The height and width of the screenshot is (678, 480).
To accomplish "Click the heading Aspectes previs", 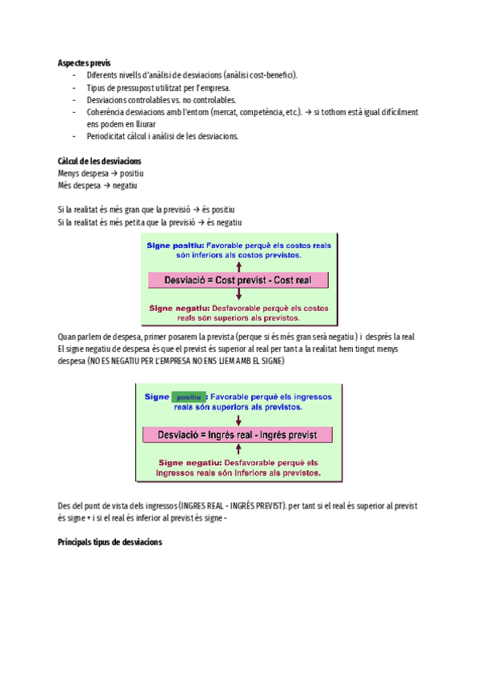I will coord(85,62).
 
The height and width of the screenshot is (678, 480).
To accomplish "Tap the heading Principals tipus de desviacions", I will coord(110,542).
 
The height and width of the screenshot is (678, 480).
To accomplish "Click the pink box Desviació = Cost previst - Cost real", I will coord(238,281).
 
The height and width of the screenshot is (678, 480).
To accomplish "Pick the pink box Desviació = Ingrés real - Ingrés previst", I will coord(238,435).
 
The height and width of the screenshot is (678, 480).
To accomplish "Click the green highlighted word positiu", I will coord(189,397).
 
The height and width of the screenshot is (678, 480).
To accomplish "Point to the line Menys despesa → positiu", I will coord(101,173).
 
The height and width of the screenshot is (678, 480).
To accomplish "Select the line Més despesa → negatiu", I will coord(98,185).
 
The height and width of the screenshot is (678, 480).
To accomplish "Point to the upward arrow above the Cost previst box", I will coord(238,265).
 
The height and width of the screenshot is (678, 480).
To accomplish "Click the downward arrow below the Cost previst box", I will coord(238,295).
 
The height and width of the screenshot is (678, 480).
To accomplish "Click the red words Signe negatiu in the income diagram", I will coord(190,462).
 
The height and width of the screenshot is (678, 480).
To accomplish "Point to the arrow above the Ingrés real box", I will coord(238,420).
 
